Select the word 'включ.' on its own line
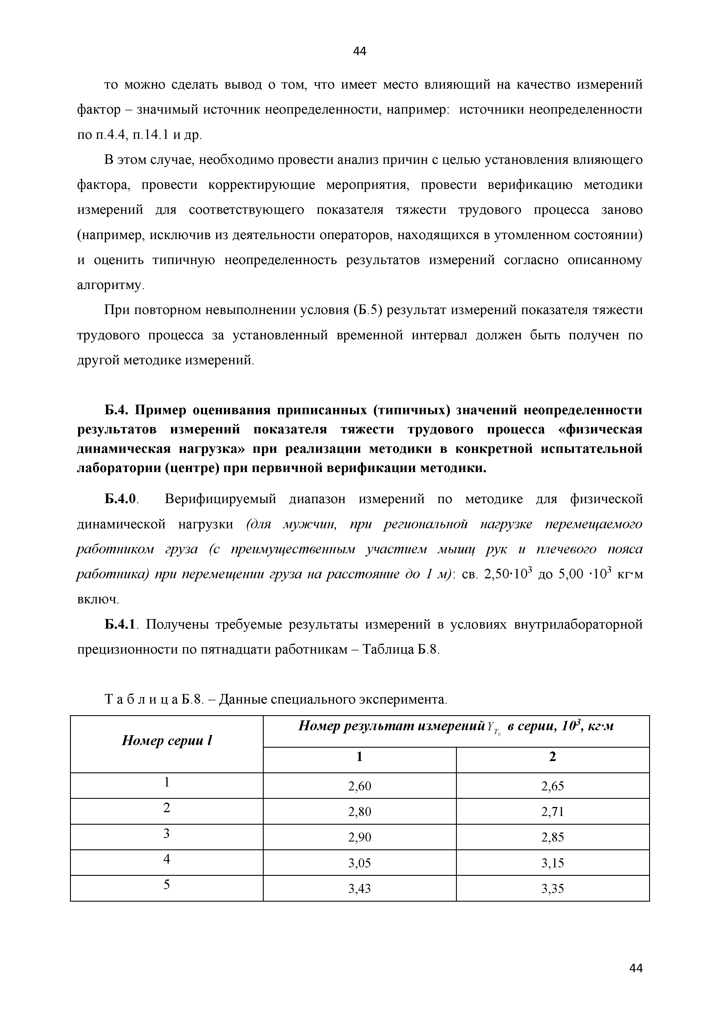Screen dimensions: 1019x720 (x=98, y=600)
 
